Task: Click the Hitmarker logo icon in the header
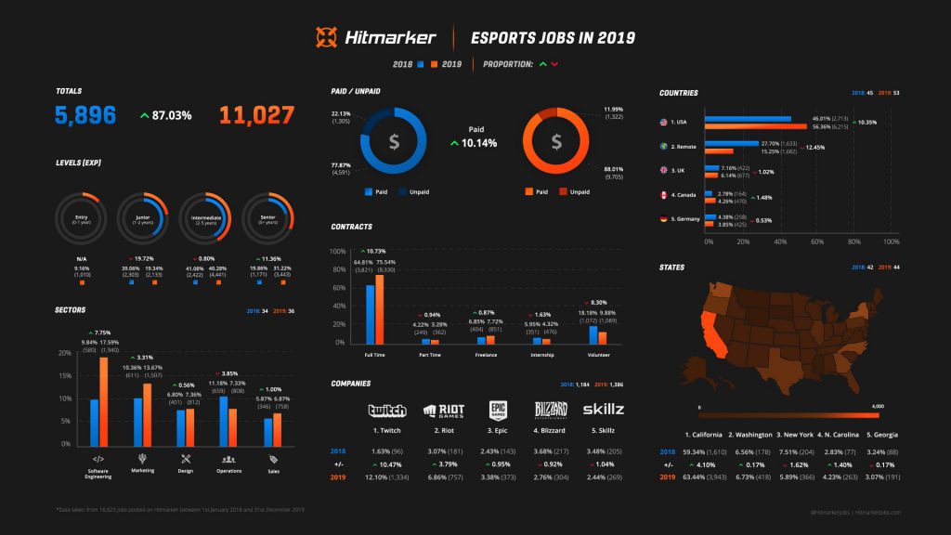tap(326, 37)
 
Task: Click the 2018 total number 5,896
tap(85, 115)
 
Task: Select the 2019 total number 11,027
tap(256, 115)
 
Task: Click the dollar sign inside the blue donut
tap(394, 142)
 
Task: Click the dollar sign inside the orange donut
tap(556, 142)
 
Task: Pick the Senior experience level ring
tap(269, 219)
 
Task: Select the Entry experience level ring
tap(82, 219)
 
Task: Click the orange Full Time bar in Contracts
tap(379, 309)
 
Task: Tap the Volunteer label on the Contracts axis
tap(599, 355)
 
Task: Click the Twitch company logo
tap(387, 411)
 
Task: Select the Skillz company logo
tap(603, 410)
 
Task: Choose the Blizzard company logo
tap(550, 411)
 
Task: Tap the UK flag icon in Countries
tap(663, 171)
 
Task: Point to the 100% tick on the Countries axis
tap(891, 241)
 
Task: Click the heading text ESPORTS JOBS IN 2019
tap(553, 38)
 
